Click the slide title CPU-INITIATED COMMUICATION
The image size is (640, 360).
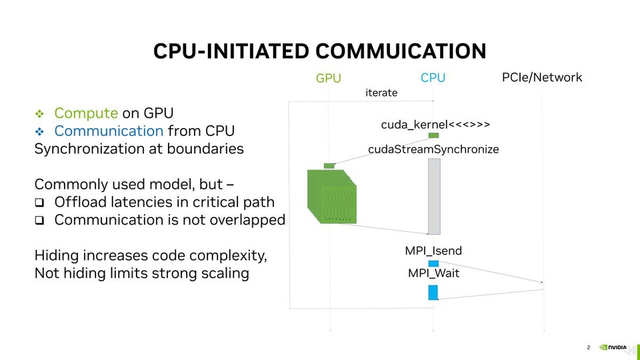click(x=319, y=51)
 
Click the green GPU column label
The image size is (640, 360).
click(x=328, y=78)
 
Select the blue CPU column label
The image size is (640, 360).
click(x=433, y=78)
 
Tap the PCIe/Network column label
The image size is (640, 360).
click(x=541, y=77)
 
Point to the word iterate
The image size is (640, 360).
click(x=381, y=93)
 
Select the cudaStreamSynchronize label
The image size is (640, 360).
click(x=433, y=149)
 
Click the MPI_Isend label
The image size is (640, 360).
click(x=433, y=251)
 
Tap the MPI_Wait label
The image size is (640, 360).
click(x=433, y=273)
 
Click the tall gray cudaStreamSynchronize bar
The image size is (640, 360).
click(x=434, y=196)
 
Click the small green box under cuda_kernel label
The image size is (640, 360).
click(x=433, y=135)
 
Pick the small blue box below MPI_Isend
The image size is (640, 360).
click(x=433, y=263)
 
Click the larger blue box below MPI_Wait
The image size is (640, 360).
click(x=433, y=292)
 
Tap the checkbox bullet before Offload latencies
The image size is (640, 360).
click(x=39, y=202)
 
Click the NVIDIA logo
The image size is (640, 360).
click(x=613, y=347)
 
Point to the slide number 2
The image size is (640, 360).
click(x=589, y=347)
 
